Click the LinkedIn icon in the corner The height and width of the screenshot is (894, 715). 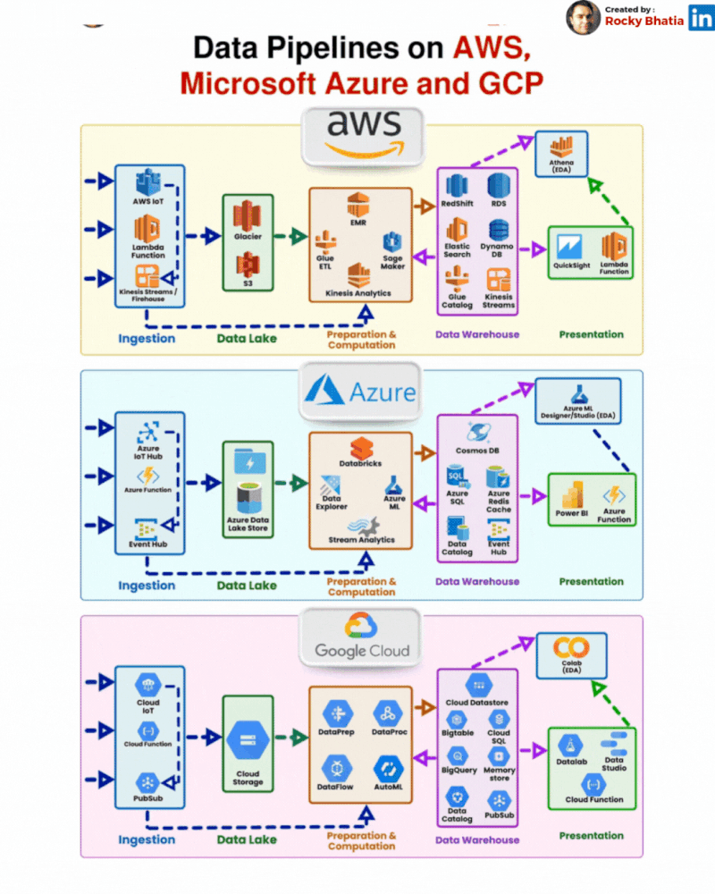701,17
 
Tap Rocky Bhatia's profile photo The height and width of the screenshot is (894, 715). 583,17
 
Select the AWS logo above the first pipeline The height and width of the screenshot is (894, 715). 362,136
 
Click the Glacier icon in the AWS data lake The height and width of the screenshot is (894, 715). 247,215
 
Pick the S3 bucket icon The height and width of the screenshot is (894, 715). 247,264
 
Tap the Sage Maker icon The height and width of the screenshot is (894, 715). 393,241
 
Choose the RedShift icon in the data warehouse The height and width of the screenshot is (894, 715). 457,185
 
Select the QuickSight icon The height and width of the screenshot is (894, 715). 569,246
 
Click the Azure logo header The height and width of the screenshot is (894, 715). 360,392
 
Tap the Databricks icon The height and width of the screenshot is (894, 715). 361,449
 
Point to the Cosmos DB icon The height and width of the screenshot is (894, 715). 477,433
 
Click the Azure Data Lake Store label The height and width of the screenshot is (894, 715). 248,524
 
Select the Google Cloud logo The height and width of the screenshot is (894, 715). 361,636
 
